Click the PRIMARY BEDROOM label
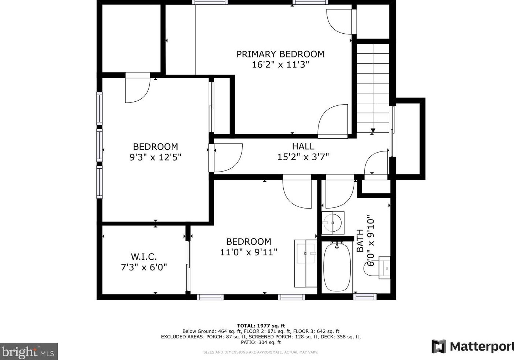click(x=280, y=54)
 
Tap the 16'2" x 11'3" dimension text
click(x=280, y=65)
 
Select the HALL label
click(x=303, y=146)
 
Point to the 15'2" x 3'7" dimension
click(x=303, y=157)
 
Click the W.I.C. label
click(x=144, y=256)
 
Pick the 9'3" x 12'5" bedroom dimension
click(x=155, y=157)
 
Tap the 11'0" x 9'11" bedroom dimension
click(x=249, y=252)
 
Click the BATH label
click(x=360, y=240)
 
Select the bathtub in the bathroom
click(x=337, y=267)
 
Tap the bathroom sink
click(x=333, y=222)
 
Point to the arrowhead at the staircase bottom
click(x=373, y=131)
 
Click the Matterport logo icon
click(x=438, y=346)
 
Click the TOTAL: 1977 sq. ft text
click(x=261, y=326)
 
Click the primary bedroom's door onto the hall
click(x=333, y=121)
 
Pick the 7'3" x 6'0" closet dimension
click(x=144, y=267)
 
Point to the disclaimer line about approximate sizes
click(x=261, y=352)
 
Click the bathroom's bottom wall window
click(x=365, y=297)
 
